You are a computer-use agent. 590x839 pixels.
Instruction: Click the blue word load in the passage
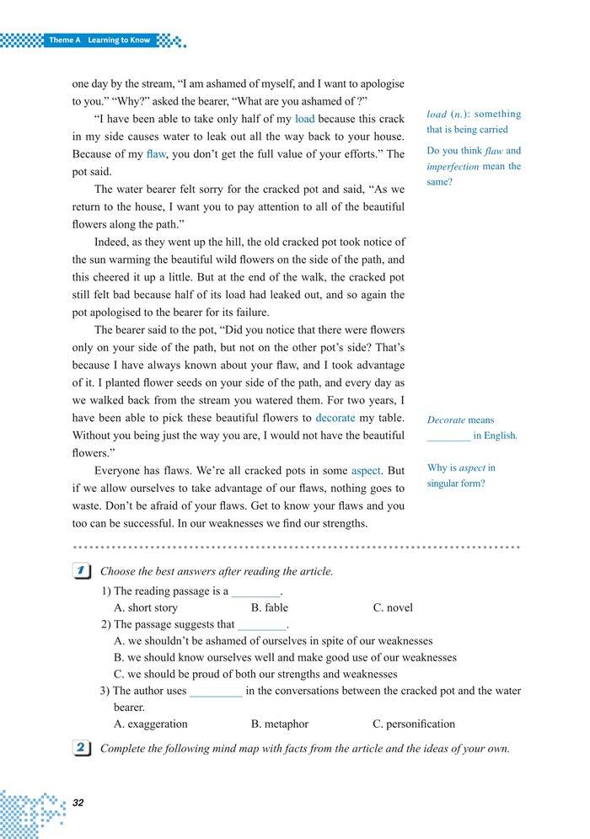pyautogui.click(x=304, y=119)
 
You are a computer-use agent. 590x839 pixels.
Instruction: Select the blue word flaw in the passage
pyautogui.click(x=156, y=154)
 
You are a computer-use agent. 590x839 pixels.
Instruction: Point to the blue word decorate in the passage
pyautogui.click(x=335, y=418)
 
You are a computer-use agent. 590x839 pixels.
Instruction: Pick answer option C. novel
pyautogui.click(x=393, y=607)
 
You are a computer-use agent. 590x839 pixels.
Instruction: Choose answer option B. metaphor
pyautogui.click(x=280, y=724)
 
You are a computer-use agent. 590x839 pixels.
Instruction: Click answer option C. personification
pyautogui.click(x=413, y=724)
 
